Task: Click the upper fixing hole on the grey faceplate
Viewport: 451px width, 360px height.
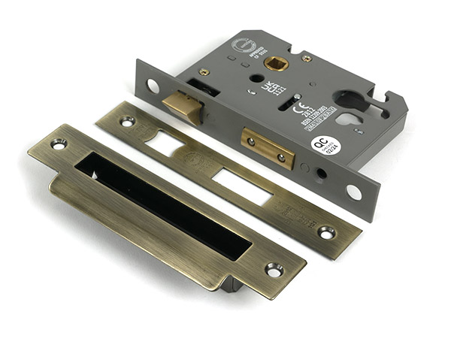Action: (153, 86)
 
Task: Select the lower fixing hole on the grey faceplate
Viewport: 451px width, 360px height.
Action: (353, 192)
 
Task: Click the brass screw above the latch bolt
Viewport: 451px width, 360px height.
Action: (204, 72)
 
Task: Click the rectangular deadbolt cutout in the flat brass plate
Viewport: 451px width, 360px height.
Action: (241, 185)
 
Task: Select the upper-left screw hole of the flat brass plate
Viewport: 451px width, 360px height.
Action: (126, 120)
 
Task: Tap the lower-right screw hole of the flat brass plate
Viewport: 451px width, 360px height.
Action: (326, 232)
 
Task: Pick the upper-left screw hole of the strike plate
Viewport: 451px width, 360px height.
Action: (59, 143)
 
